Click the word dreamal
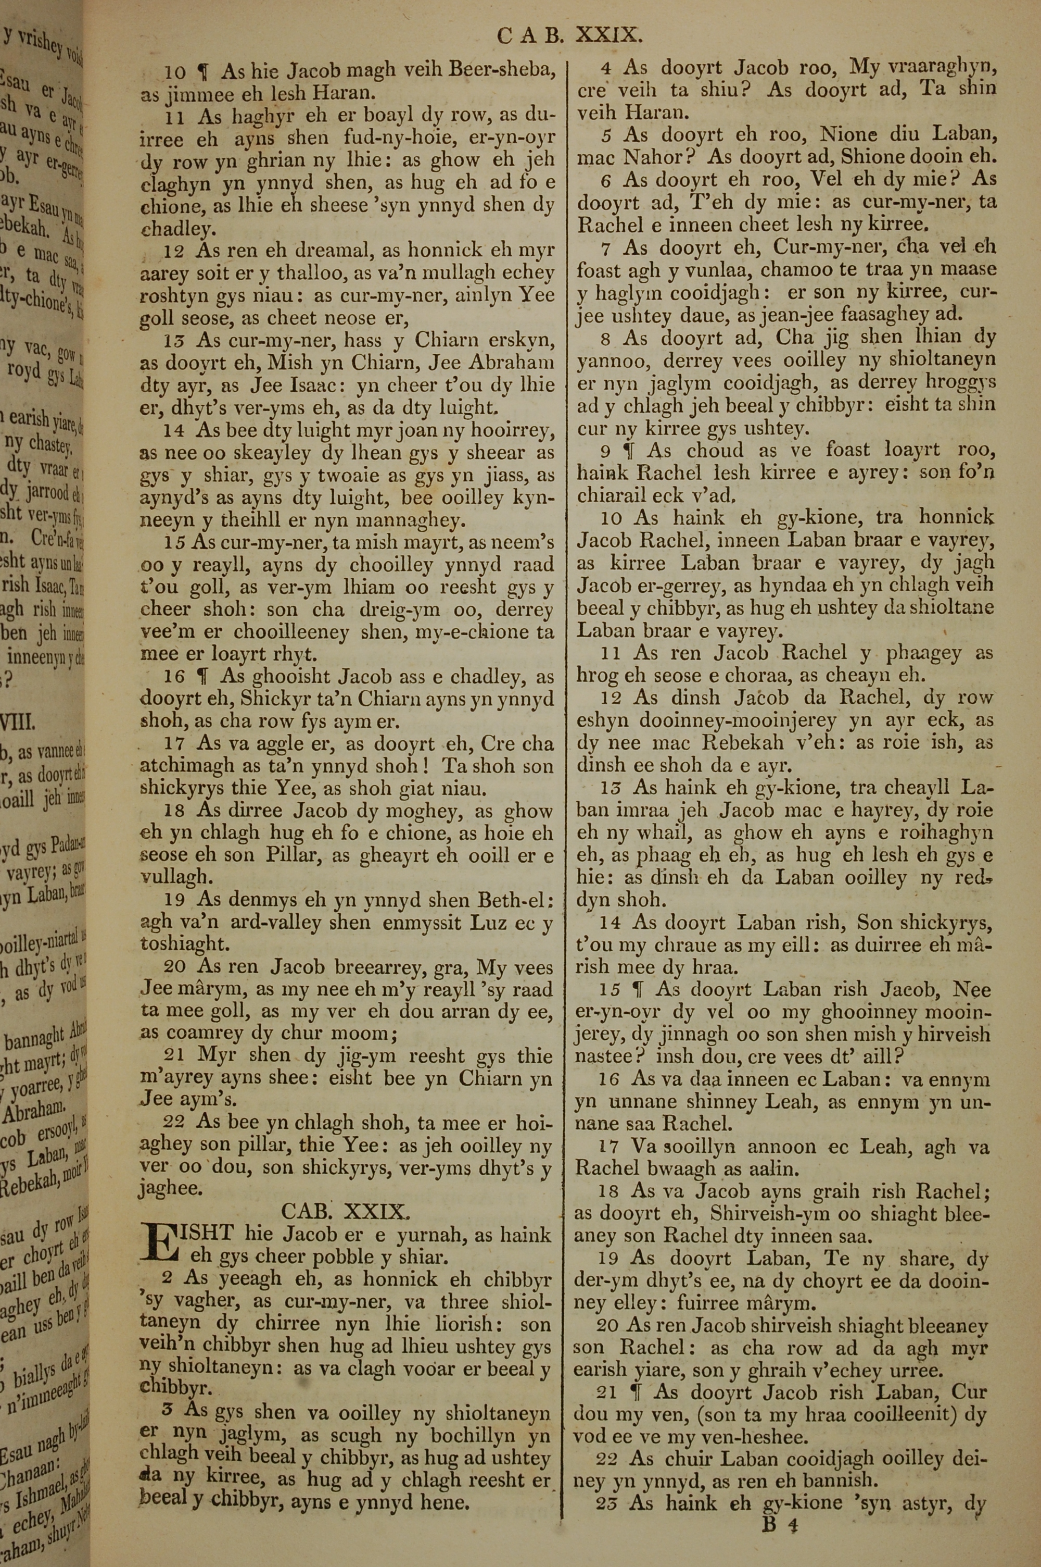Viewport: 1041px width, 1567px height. click(289, 251)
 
